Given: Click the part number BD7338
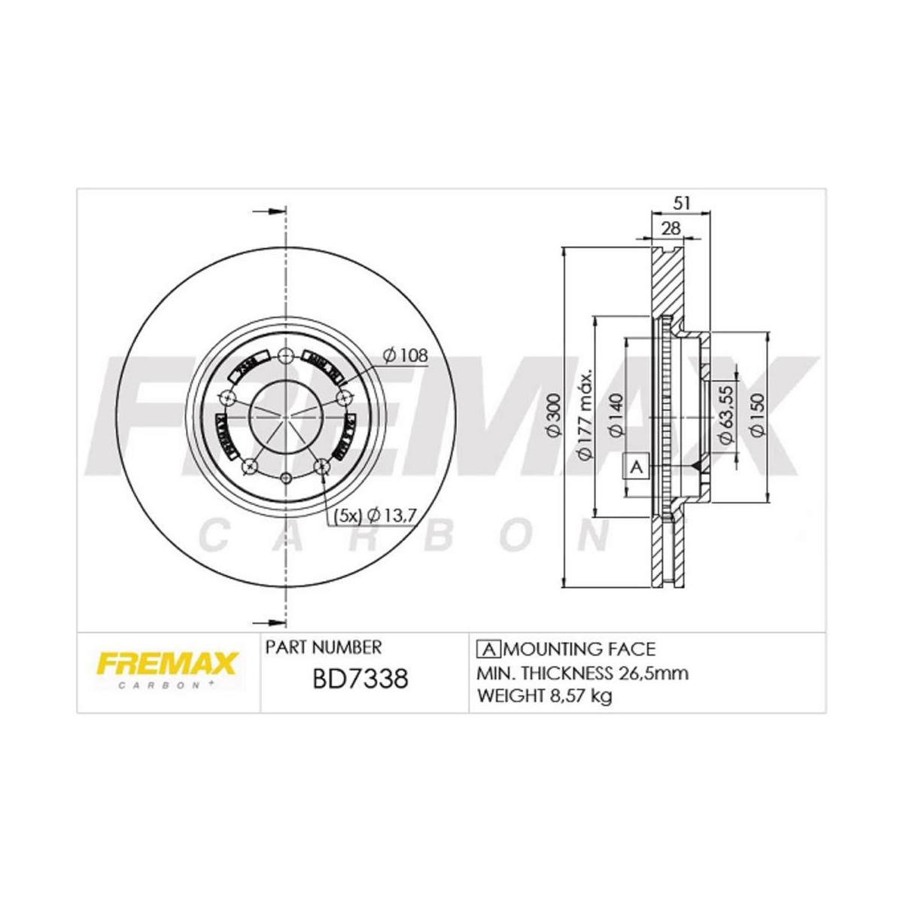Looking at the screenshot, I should [x=359, y=680].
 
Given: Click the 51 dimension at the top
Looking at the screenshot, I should [x=681, y=202].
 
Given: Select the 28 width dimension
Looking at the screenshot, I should [x=667, y=228].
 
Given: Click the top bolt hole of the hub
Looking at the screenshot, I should [x=285, y=357].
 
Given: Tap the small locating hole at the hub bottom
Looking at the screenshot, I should [x=285, y=478].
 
